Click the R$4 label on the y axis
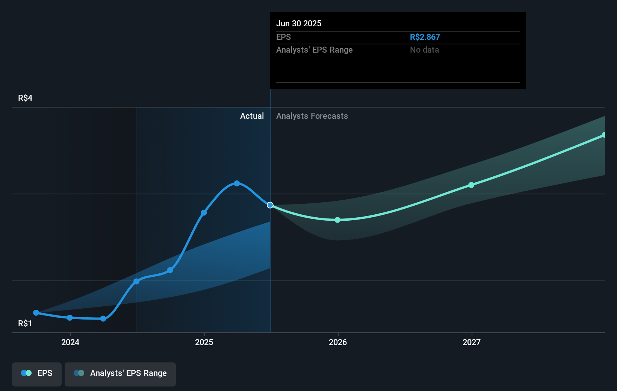(x=25, y=98)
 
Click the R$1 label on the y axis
(x=25, y=324)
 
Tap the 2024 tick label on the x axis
(x=70, y=342)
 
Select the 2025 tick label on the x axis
(x=204, y=342)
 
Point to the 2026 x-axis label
(x=338, y=342)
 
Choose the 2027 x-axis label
(x=472, y=342)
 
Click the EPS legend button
(x=37, y=373)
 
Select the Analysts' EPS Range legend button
(x=120, y=373)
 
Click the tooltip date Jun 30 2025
(x=299, y=23)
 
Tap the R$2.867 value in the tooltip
(x=425, y=37)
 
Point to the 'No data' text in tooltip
(x=424, y=50)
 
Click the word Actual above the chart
(x=252, y=116)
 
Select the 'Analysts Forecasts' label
(x=312, y=116)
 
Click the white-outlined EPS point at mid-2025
(x=270, y=205)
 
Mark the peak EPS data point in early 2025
(x=237, y=183)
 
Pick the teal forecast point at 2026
(x=337, y=220)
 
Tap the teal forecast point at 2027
(x=471, y=185)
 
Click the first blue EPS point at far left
(x=36, y=313)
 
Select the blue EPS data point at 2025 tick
(x=204, y=213)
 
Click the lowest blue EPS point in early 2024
(x=103, y=319)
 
